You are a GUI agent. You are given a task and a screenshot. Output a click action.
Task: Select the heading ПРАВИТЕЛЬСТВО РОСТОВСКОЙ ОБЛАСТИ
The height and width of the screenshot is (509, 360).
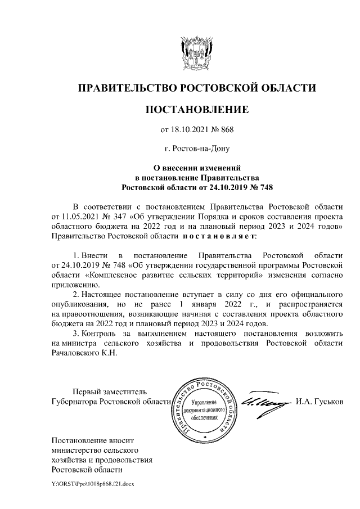click(196, 88)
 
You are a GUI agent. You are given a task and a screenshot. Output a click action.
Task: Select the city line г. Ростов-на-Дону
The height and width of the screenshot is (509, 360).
click(196, 149)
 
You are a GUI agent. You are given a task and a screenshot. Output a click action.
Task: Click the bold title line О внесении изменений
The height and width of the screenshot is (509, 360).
click(197, 167)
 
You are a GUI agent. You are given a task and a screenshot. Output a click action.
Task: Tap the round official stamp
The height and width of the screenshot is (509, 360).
click(204, 409)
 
